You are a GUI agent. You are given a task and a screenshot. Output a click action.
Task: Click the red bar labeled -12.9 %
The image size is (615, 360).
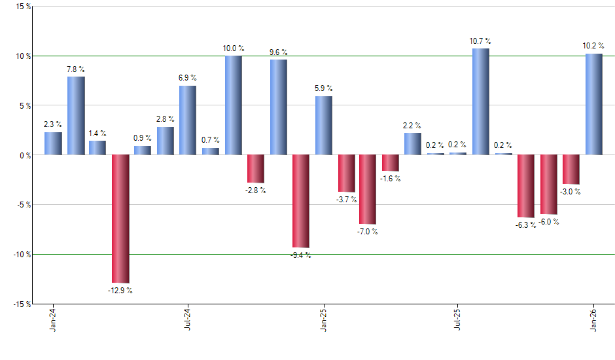pyautogui.click(x=120, y=219)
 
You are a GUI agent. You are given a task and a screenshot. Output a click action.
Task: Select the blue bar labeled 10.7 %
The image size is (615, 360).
pyautogui.click(x=480, y=101)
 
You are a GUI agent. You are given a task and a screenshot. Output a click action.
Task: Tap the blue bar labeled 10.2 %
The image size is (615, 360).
pyautogui.click(x=593, y=104)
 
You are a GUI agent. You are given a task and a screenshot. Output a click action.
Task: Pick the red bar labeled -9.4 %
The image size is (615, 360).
pyautogui.click(x=301, y=201)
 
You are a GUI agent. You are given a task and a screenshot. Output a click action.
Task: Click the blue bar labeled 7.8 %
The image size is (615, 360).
pyautogui.click(x=76, y=116)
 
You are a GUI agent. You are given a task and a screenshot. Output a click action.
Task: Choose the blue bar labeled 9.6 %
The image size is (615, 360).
pyautogui.click(x=278, y=107)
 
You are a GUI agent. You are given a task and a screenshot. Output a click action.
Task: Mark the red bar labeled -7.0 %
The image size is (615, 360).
pyautogui.click(x=368, y=189)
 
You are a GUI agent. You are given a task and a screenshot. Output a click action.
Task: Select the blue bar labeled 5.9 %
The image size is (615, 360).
pyautogui.click(x=323, y=126)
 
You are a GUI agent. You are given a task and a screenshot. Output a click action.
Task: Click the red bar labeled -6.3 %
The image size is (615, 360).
pyautogui.click(x=525, y=186)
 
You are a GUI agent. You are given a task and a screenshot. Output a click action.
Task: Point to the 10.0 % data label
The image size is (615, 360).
pyautogui.click(x=234, y=48)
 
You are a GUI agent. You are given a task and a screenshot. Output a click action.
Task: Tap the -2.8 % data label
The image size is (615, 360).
pyautogui.click(x=256, y=190)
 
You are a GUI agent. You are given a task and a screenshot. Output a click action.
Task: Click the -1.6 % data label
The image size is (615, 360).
pyautogui.click(x=391, y=179)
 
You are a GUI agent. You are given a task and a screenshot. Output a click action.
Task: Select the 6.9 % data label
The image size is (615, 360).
pyautogui.click(x=188, y=79)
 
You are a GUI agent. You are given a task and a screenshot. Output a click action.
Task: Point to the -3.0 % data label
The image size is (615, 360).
pyautogui.click(x=571, y=192)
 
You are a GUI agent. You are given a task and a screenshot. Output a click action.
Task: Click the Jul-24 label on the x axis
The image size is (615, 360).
pyautogui.click(x=188, y=321)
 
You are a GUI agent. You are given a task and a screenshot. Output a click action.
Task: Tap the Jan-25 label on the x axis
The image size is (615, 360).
pyautogui.click(x=323, y=321)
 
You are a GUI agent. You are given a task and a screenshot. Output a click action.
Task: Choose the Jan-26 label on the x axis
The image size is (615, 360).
pyautogui.click(x=593, y=321)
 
